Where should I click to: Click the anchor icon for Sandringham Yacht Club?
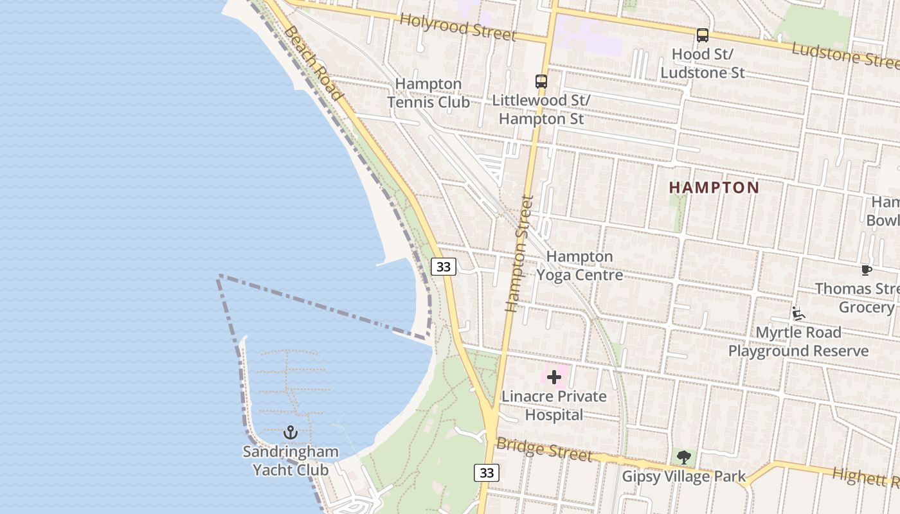tap(291, 432)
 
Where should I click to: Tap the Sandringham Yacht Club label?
tap(291, 461)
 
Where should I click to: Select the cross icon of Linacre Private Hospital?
tap(554, 377)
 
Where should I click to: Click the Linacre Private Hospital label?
tap(554, 405)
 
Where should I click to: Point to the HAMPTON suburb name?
tap(714, 188)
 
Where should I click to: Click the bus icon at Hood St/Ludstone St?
tap(703, 35)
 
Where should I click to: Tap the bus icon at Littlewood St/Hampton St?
tap(541, 82)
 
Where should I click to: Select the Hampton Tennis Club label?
tap(428, 93)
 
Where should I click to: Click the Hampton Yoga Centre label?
tap(580, 265)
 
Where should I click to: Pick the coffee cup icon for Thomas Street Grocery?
tap(866, 270)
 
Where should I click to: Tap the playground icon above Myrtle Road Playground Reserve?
tap(798, 314)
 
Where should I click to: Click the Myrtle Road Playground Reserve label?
tap(798, 341)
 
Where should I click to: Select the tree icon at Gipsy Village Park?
tap(684, 457)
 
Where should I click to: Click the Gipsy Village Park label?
tap(684, 476)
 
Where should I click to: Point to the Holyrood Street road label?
tap(458, 26)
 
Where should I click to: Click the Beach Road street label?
tap(312, 63)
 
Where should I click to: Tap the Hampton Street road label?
tap(520, 254)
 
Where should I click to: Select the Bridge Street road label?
tap(544, 450)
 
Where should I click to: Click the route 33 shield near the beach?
tap(444, 267)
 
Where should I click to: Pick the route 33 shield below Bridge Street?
tap(487, 473)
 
